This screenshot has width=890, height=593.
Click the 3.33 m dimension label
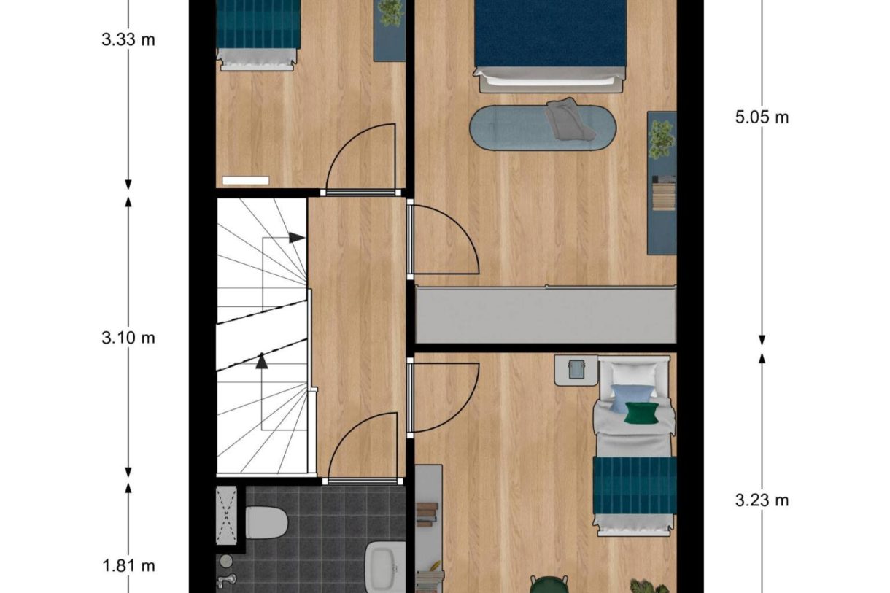coord(128,39)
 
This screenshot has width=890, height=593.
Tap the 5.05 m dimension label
coord(762,117)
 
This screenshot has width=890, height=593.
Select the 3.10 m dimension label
coord(128,338)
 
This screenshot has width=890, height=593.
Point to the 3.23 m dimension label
coord(762,500)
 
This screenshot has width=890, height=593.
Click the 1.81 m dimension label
coord(128,565)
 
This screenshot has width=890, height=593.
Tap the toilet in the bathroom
coord(266,522)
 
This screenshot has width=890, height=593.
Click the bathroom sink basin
coord(384,565)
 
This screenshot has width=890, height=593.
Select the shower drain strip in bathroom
coord(226,515)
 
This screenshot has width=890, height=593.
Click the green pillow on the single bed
coord(641,412)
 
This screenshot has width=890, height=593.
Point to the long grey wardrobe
coord(546,314)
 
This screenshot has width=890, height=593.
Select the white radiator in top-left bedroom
coord(246,180)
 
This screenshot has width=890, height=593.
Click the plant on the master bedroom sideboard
coord(661,139)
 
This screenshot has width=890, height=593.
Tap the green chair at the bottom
coord(549,584)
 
